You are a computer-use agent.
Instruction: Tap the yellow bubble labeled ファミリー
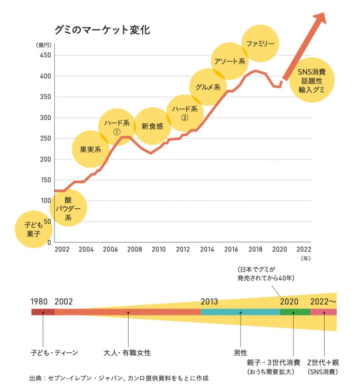[x=260, y=43]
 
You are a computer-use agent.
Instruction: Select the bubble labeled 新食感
[x=152, y=126]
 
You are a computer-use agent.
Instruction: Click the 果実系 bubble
[x=90, y=149]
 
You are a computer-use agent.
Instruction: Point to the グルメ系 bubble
[x=208, y=87]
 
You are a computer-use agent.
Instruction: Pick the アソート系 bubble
[x=230, y=61]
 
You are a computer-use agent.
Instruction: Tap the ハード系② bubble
[x=183, y=113]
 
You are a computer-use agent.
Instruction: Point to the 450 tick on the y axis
[x=45, y=55]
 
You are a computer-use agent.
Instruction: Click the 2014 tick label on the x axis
[x=207, y=249]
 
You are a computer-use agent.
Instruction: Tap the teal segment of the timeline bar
[x=240, y=312]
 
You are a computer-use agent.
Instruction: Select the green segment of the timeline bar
[x=295, y=312]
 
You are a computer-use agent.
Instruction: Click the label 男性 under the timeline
[x=240, y=353]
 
